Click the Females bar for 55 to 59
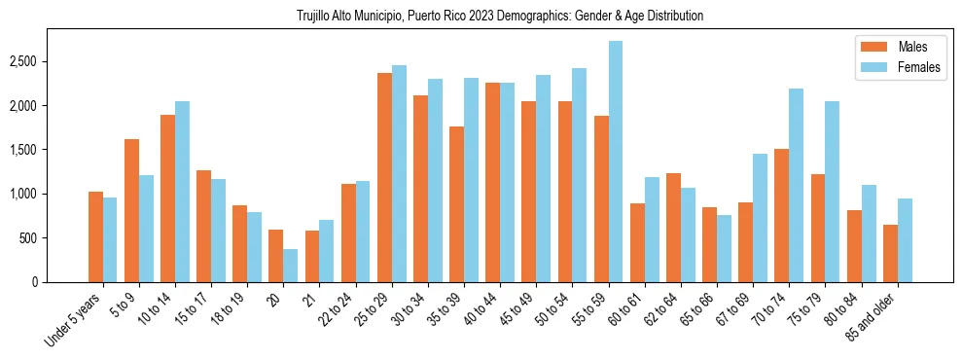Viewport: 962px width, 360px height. [x=616, y=162]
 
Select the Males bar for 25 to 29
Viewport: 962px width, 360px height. [x=384, y=177]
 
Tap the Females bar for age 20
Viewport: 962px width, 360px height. [x=291, y=266]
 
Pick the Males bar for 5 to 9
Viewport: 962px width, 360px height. [x=131, y=210]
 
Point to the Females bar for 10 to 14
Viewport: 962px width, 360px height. [x=182, y=192]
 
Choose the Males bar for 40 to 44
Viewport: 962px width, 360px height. [x=493, y=182]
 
